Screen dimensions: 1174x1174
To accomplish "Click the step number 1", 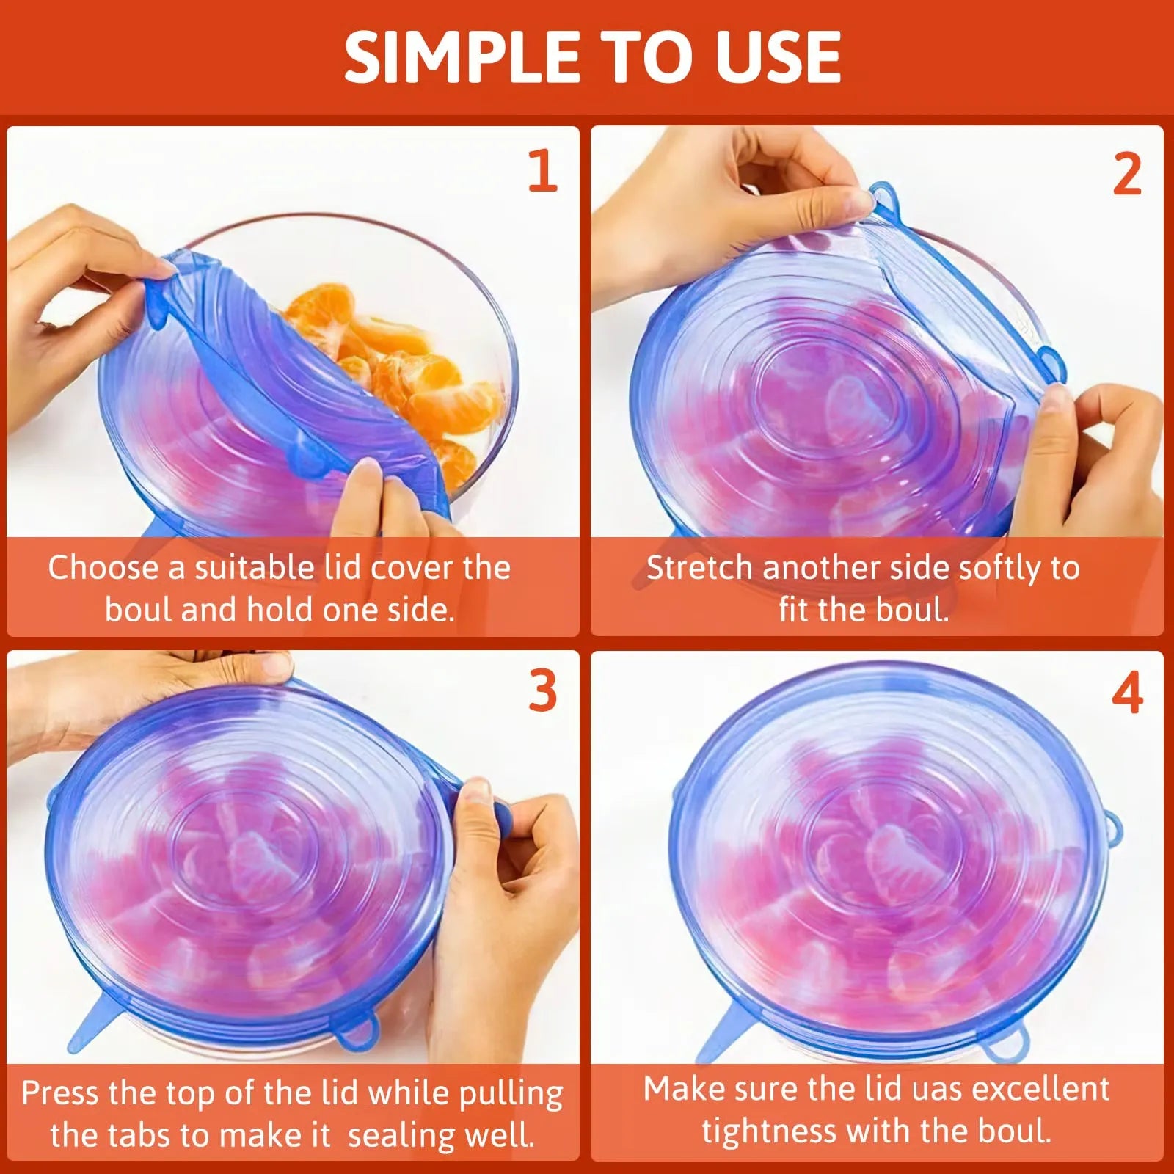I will [543, 171].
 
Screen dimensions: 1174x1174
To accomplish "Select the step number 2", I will [1127, 175].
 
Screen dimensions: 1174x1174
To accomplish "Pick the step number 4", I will [1127, 693].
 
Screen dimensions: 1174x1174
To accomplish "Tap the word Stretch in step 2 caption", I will [699, 568].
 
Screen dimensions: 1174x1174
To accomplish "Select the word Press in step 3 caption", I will [60, 1093].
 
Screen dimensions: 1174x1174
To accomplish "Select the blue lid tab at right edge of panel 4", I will [1113, 828].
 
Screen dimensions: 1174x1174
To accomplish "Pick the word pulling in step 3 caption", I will [511, 1094].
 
